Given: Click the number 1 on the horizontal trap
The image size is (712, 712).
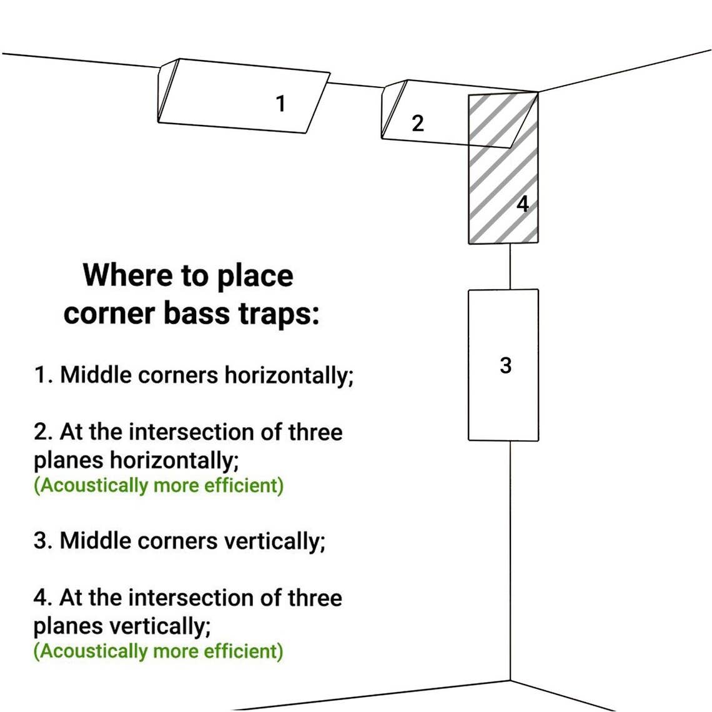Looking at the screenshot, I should pos(281,103).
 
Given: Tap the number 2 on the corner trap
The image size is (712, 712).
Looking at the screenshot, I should pos(418,123).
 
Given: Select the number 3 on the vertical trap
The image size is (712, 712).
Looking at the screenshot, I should pos(506,365).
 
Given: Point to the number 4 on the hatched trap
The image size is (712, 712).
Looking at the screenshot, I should pos(523,204).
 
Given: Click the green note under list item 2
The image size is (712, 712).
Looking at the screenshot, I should pos(159,485).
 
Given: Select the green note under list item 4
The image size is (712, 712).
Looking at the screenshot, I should pos(159,651).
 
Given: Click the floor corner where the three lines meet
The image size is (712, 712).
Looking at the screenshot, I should pos(510,680).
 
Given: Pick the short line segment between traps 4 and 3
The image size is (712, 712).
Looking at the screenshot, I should pos(510,266).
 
